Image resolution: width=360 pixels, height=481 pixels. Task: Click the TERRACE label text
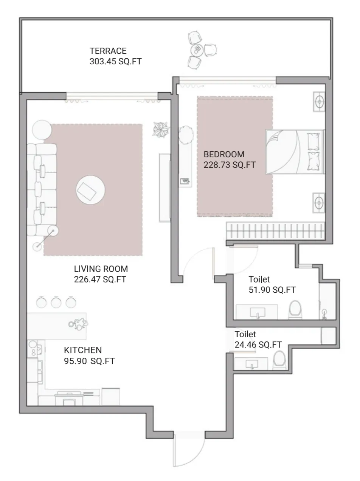click(x=108, y=51)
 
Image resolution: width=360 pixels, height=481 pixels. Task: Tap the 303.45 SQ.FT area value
click(x=115, y=61)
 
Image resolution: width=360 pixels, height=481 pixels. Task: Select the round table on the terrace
click(x=197, y=50)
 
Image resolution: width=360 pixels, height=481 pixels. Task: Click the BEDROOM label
click(x=224, y=154)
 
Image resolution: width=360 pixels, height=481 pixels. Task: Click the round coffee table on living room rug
click(x=90, y=189)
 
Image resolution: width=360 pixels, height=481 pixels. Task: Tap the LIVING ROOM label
click(x=101, y=269)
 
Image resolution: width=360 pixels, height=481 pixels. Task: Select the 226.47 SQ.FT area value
click(x=100, y=280)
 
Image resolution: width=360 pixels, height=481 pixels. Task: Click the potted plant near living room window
click(x=160, y=129)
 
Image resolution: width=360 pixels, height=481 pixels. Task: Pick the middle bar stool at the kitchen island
click(x=56, y=302)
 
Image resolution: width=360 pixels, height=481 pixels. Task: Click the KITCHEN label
click(x=82, y=350)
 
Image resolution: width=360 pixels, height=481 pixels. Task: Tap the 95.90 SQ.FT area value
click(x=89, y=361)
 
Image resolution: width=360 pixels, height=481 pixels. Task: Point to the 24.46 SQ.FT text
click(x=258, y=344)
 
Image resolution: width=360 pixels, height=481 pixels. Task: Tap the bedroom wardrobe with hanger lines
click(x=275, y=230)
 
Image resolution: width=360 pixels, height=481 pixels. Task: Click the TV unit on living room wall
click(x=164, y=187)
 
